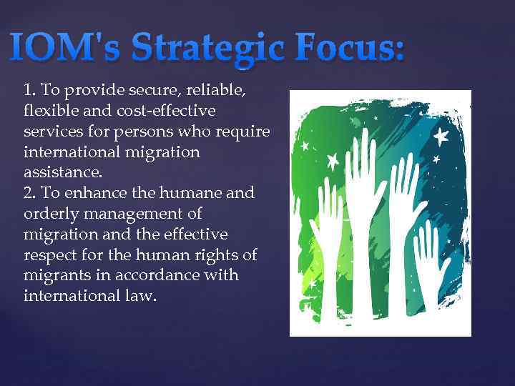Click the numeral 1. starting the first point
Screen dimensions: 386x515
30,91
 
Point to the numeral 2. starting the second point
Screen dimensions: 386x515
30,194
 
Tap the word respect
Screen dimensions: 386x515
48,255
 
